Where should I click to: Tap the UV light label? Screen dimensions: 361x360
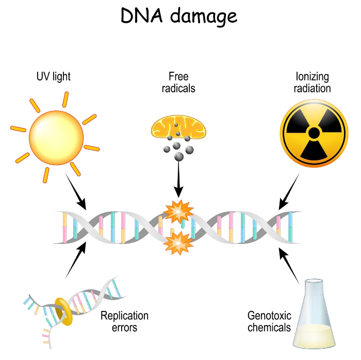tap(54, 77)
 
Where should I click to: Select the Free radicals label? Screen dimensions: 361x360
tap(178, 83)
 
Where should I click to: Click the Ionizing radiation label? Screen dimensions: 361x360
tap(312, 83)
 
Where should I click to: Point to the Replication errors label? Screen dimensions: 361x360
tap(124, 321)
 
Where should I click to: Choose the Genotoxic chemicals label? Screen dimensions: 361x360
tap(269, 321)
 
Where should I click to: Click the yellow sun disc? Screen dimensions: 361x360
tap(56, 138)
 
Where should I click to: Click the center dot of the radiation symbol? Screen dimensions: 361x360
tap(314, 133)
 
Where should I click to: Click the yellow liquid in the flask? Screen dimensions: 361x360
tap(314, 336)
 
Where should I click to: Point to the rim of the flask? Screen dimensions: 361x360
tap(314, 281)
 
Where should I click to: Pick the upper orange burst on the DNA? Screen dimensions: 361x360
tap(178, 211)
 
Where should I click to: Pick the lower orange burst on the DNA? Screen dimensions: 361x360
tap(178, 243)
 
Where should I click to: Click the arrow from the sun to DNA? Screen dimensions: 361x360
tap(76, 191)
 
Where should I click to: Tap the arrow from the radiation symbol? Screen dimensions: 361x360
tap(289, 191)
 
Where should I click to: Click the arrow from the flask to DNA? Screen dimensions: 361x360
tap(289, 266)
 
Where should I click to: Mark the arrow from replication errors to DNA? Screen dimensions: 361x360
tap(76, 260)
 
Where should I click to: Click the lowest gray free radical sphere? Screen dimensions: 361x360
tap(179, 157)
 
